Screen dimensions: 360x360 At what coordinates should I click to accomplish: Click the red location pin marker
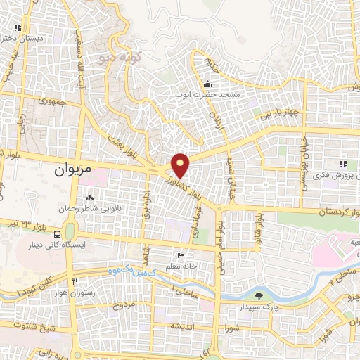click(x=181, y=165)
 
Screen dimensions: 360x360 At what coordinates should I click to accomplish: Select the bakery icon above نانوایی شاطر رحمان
click(x=89, y=199)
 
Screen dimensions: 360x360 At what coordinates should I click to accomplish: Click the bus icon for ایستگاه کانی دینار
click(x=57, y=234)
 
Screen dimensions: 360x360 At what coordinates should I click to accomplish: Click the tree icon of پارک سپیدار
click(x=259, y=296)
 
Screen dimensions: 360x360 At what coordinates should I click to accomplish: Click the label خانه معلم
click(x=182, y=266)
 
